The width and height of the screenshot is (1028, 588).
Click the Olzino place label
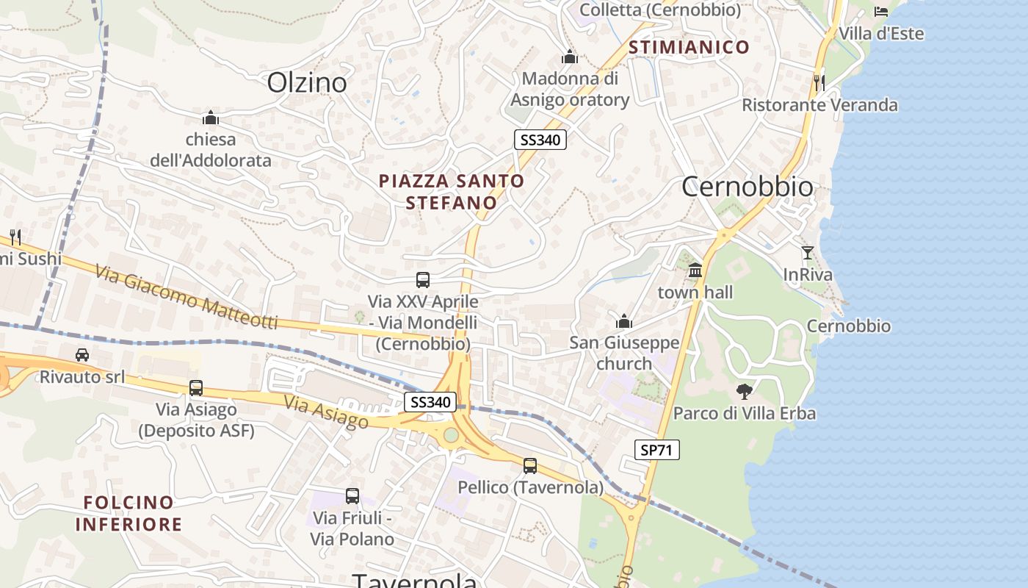pyautogui.click(x=307, y=82)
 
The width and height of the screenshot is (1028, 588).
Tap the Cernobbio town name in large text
pyautogui.click(x=748, y=187)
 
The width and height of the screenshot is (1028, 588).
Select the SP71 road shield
pyautogui.click(x=656, y=450)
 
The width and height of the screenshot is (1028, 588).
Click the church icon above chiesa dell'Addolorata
pyautogui.click(x=211, y=118)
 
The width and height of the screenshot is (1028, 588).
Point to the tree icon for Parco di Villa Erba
pyautogui.click(x=745, y=391)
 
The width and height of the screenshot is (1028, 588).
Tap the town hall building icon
pyautogui.click(x=695, y=270)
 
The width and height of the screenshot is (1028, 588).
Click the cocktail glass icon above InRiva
pyautogui.click(x=808, y=253)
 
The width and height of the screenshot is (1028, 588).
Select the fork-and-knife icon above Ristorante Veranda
pyautogui.click(x=819, y=82)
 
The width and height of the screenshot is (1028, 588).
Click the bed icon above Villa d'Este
pyautogui.click(x=881, y=11)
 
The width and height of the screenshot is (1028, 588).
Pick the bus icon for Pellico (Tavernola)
pyautogui.click(x=530, y=465)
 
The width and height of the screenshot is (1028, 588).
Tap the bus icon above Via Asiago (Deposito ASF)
pyautogui.click(x=196, y=387)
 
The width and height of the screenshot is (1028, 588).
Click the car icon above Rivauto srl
pyautogui.click(x=82, y=355)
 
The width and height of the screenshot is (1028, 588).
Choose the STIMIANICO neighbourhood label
pyautogui.click(x=689, y=48)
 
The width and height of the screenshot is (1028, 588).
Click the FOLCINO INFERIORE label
pyautogui.click(x=128, y=513)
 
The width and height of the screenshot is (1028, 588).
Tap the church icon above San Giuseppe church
pyautogui.click(x=624, y=321)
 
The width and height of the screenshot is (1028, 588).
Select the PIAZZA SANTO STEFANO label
pyautogui.click(x=452, y=191)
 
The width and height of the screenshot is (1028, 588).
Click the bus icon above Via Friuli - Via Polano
pyautogui.click(x=352, y=496)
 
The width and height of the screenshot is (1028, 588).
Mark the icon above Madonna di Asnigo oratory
pyautogui.click(x=570, y=57)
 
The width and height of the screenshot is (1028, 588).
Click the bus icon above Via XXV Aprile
pyautogui.click(x=423, y=279)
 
